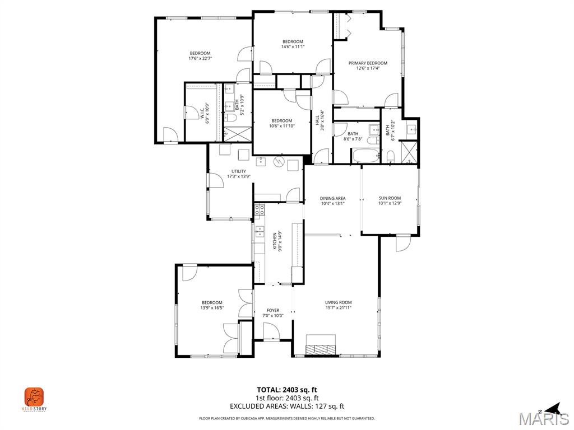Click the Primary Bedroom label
click(368, 63)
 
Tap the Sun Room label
click(390, 198)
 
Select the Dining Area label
click(332, 198)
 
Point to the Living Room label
click(338, 303)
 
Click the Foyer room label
click(273, 310)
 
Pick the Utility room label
click(238, 171)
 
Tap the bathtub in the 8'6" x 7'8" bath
click(366, 156)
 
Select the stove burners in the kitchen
click(260, 211)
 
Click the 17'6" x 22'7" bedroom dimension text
click(200, 58)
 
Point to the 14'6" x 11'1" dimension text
click(293, 46)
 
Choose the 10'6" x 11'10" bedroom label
click(281, 120)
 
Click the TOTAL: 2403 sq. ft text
click(287, 390)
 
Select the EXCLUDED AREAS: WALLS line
click(287, 406)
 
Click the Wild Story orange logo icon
click(34, 398)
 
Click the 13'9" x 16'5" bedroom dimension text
click(212, 307)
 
